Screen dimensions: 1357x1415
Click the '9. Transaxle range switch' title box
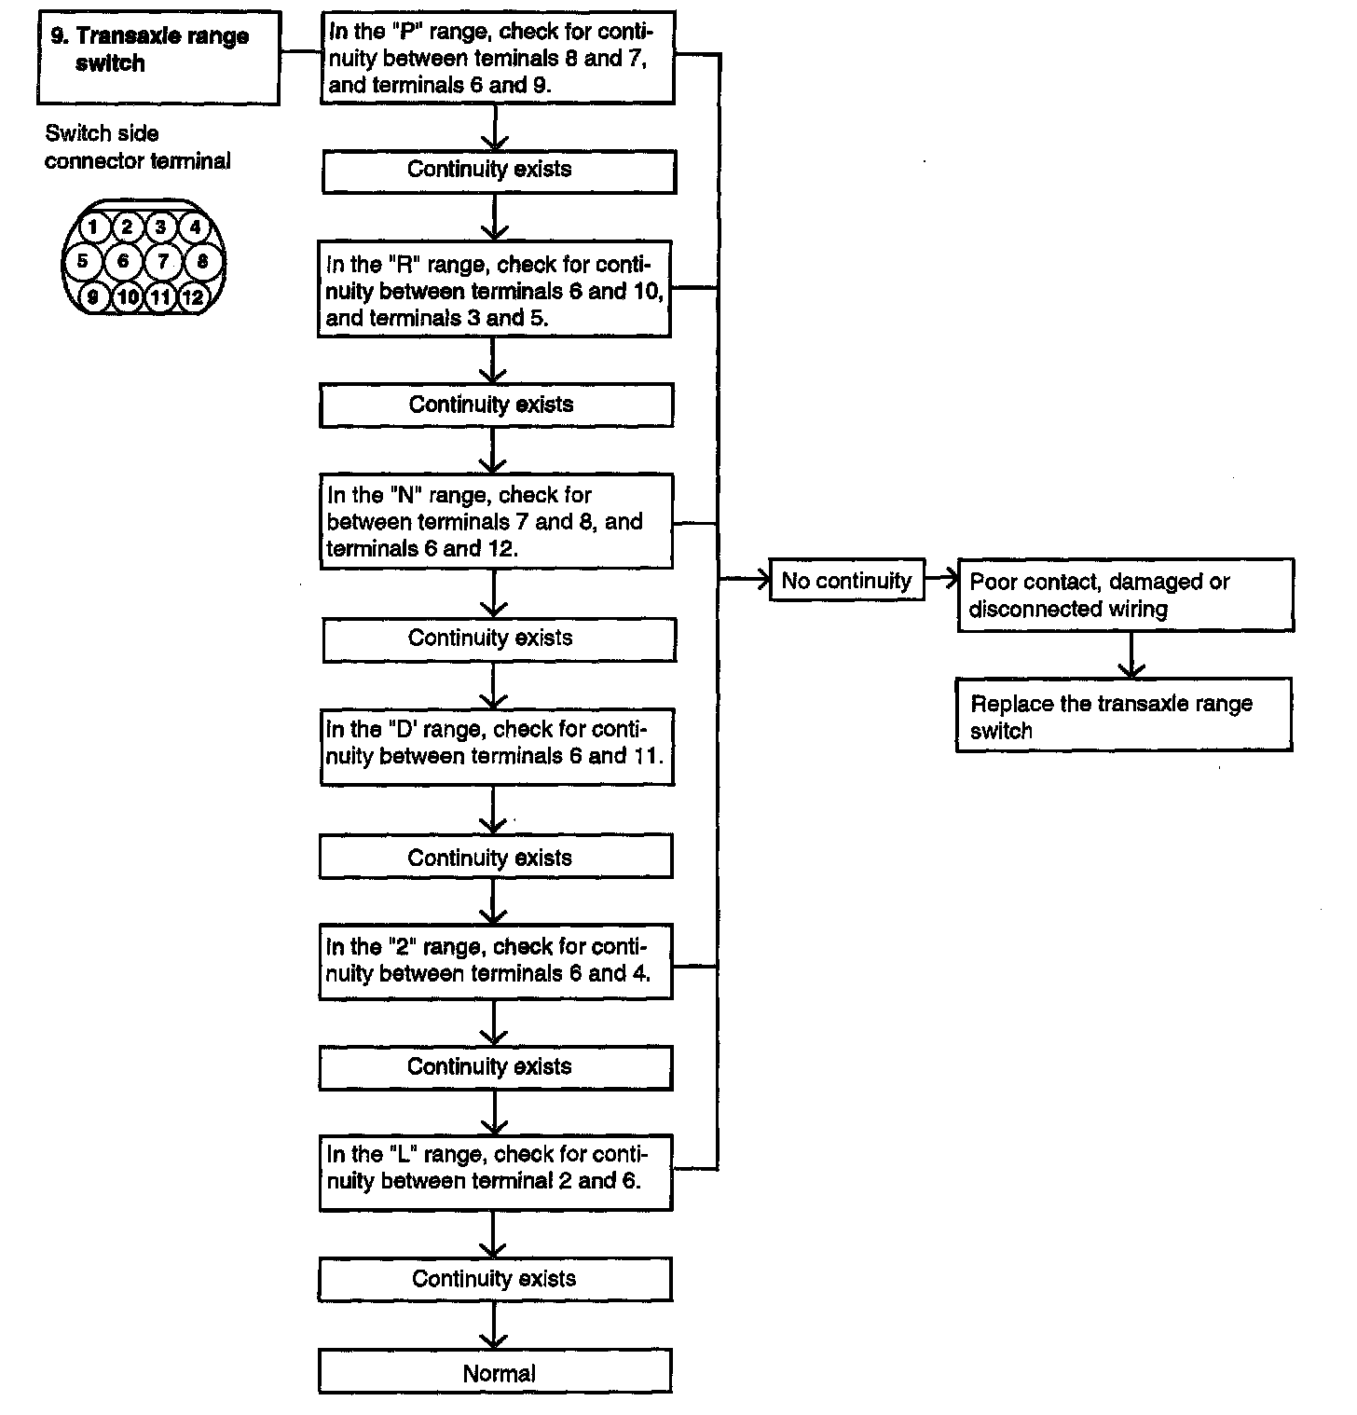point(159,58)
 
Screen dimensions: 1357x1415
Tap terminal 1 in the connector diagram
point(92,227)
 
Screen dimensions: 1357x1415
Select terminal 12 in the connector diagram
point(192,297)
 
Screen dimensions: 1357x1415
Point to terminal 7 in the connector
point(163,262)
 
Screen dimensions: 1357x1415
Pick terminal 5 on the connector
point(82,261)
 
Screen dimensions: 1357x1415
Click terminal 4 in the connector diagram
point(194,227)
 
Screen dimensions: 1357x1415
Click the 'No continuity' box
point(847,581)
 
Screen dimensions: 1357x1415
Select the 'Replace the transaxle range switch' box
point(1124,716)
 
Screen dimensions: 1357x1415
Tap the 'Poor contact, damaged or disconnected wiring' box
point(1126,596)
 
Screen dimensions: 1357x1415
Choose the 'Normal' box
point(495,1372)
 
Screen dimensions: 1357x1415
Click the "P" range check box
point(497,58)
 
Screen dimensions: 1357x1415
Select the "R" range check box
point(495,290)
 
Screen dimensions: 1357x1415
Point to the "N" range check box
point(496,521)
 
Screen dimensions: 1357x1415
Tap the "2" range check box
point(496,962)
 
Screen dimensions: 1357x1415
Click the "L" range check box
point(496,1173)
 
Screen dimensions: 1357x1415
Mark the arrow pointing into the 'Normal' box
point(493,1325)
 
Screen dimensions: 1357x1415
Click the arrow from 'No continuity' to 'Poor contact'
point(941,579)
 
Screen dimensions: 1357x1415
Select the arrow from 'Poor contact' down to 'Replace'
point(1131,655)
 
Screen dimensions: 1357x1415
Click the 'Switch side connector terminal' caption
point(137,147)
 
